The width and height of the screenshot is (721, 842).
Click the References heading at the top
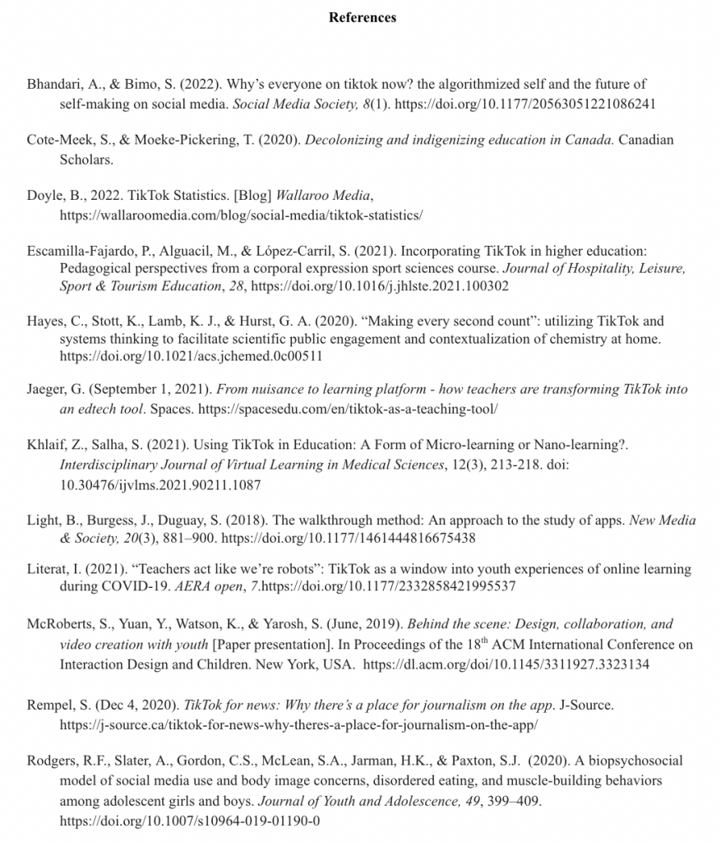362,17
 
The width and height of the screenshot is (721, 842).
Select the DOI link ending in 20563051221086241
527,104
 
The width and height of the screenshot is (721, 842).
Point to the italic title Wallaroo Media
323,196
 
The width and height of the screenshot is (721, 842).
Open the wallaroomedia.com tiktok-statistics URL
241,215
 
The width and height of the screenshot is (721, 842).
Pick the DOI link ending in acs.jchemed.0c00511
191,357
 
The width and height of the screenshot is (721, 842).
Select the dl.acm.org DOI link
506,664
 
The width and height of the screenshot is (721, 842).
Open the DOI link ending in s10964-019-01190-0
190,821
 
